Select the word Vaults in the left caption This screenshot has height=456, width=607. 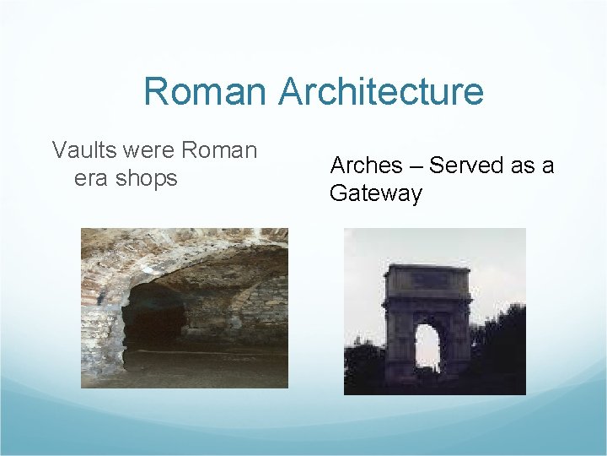coord(84,150)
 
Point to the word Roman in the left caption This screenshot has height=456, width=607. coord(219,150)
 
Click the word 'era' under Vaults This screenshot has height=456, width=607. coord(91,178)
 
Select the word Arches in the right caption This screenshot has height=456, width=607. coord(367,166)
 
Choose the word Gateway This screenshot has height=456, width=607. coord(376,193)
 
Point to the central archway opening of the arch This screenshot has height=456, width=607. coord(427,347)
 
